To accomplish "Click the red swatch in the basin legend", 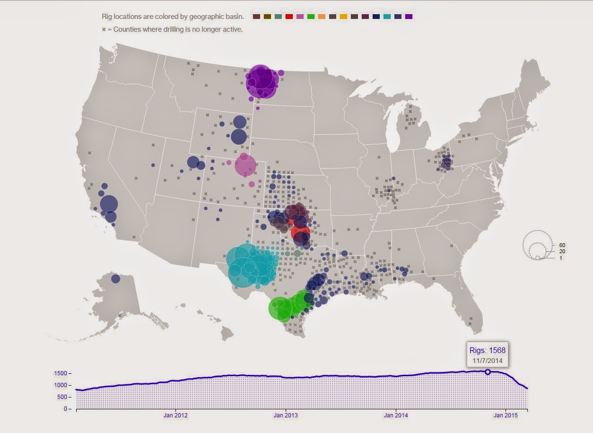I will [x=289, y=17].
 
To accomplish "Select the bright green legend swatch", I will [x=311, y=17].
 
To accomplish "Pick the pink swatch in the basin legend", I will [x=300, y=17].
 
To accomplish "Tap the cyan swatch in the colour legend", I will [x=387, y=17].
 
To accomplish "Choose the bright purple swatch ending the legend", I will [x=409, y=17].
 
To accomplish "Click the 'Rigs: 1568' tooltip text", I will [x=488, y=350].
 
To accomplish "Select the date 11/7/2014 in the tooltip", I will [x=488, y=361].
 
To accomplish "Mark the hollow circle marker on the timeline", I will [x=488, y=372].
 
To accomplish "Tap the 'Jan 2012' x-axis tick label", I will [x=175, y=416].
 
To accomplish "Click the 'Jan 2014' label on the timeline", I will [x=396, y=416].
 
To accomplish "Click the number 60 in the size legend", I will [x=562, y=245].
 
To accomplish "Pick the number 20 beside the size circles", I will [x=562, y=251].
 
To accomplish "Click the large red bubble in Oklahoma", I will [x=300, y=232].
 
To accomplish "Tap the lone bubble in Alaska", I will [x=115, y=279].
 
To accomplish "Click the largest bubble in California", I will [x=109, y=204].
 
